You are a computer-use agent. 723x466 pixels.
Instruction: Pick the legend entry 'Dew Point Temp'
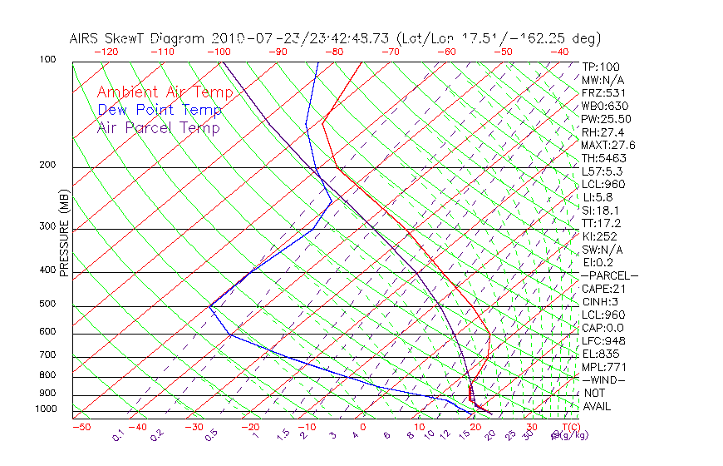[160, 110]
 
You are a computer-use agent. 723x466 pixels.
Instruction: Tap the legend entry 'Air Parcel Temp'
[158, 127]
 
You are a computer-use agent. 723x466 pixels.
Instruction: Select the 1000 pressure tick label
[47, 409]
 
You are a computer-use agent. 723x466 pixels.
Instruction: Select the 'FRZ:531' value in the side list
[600, 92]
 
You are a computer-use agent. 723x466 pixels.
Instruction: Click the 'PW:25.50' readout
[603, 119]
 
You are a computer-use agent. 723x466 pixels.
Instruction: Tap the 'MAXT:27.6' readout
[607, 145]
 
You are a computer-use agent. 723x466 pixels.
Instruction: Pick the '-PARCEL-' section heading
[609, 275]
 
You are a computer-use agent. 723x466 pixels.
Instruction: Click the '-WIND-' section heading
[603, 379]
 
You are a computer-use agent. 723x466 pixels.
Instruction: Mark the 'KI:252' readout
[598, 236]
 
